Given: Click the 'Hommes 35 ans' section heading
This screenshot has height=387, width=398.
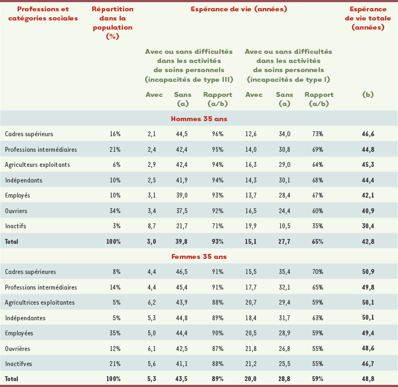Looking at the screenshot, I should [x=198, y=119].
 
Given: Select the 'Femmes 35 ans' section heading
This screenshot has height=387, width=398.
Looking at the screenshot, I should [x=198, y=257].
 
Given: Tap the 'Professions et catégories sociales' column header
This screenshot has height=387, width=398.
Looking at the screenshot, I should [x=43, y=13].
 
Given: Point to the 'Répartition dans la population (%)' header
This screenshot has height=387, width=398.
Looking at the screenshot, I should [x=112, y=23].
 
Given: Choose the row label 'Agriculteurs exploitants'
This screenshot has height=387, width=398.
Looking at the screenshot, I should [x=37, y=164].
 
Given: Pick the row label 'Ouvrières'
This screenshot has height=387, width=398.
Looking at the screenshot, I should [x=18, y=348].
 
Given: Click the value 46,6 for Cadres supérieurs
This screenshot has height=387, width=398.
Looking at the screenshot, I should [x=369, y=133].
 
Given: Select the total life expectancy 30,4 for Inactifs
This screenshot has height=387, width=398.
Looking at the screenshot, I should [x=369, y=226].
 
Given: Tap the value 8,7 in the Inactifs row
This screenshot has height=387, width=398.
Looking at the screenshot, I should [x=151, y=226].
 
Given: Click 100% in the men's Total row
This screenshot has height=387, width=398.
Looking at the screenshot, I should [x=113, y=242].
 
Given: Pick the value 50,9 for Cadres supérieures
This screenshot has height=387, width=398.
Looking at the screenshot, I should [x=369, y=272].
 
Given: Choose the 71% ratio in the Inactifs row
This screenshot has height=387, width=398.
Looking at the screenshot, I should [x=218, y=226].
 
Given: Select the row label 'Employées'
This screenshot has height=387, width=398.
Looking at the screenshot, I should [x=19, y=333].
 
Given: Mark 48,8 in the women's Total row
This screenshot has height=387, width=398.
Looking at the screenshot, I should [x=369, y=379].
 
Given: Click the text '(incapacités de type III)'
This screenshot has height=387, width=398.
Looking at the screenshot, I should [x=189, y=79].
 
